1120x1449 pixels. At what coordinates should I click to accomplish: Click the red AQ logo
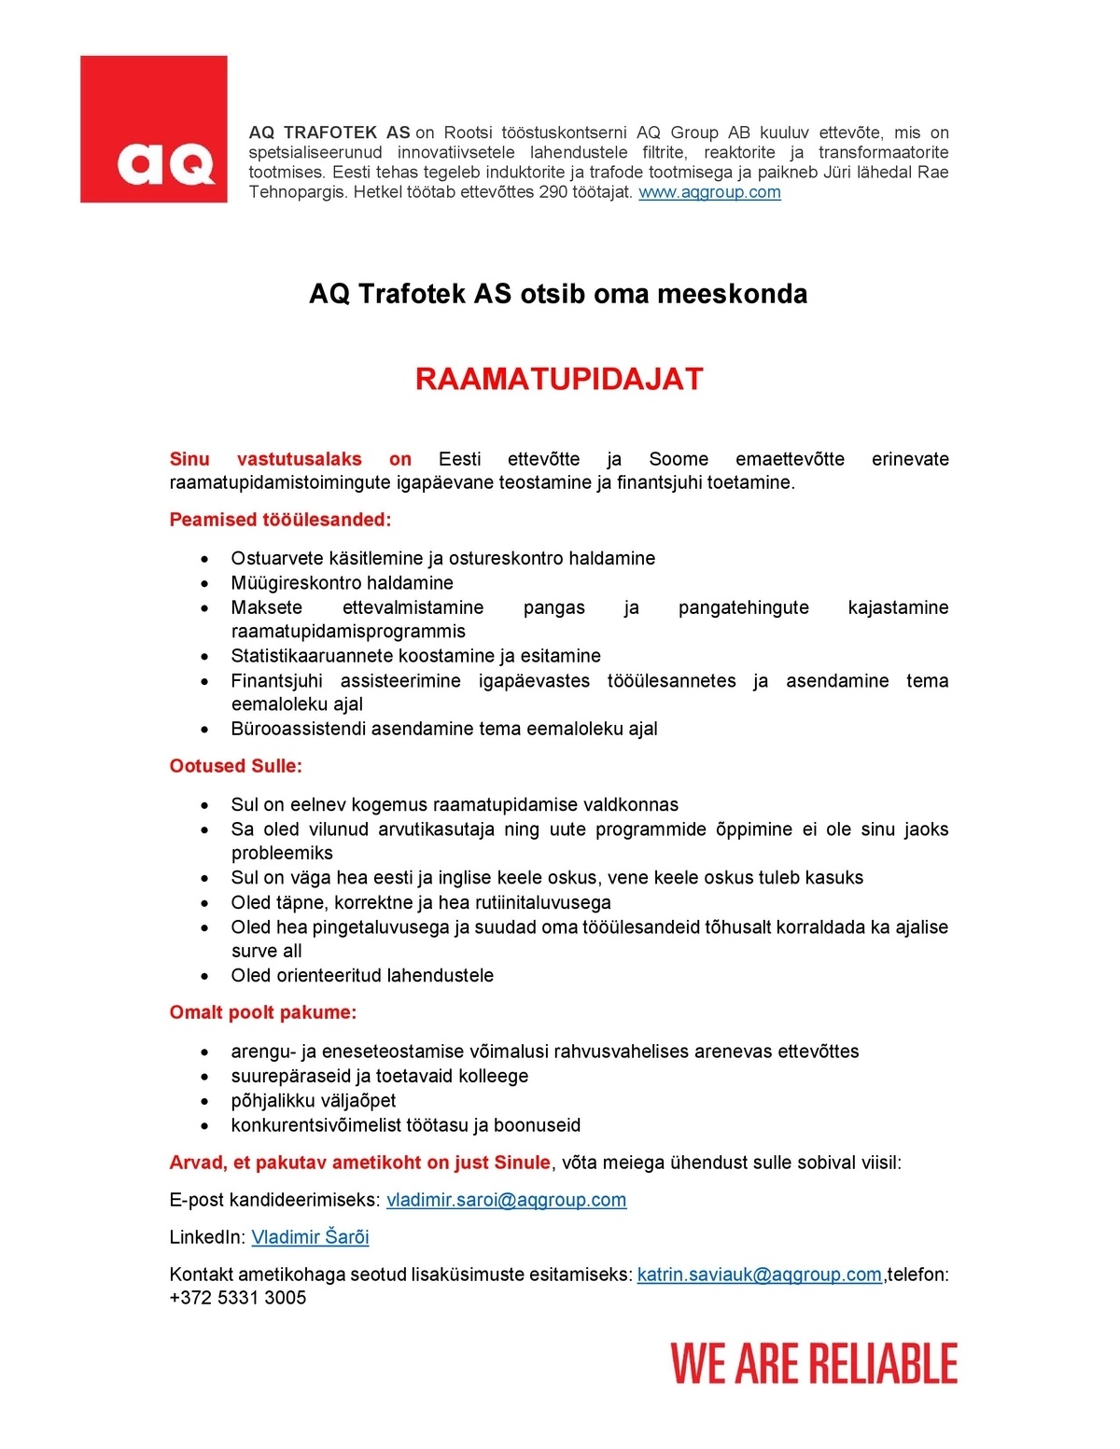tap(154, 129)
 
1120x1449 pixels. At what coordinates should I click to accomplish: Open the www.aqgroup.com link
tap(709, 192)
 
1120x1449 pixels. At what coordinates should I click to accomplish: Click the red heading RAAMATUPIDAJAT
tap(559, 379)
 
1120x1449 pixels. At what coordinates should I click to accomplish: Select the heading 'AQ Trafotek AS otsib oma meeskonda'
tap(558, 294)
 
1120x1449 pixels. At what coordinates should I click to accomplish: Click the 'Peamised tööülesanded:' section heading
tap(280, 520)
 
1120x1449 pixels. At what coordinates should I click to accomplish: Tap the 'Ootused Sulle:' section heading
tap(235, 766)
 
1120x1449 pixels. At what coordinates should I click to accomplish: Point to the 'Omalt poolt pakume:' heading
tap(262, 1012)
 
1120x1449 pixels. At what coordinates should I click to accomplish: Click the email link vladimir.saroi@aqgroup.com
tap(506, 1200)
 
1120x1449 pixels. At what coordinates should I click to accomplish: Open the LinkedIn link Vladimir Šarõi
tap(310, 1237)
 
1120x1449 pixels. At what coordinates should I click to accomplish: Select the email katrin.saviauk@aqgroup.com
tap(759, 1275)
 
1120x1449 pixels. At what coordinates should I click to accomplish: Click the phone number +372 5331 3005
tap(238, 1298)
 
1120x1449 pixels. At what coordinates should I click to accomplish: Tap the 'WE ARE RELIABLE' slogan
tap(814, 1363)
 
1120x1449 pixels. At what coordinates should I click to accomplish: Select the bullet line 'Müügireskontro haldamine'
tap(342, 583)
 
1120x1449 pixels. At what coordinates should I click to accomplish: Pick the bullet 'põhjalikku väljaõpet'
tap(314, 1101)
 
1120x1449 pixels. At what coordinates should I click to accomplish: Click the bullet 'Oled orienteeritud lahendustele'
tap(362, 976)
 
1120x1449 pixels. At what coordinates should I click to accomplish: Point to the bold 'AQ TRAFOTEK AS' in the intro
tap(329, 132)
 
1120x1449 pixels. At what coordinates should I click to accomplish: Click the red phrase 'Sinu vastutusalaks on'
tap(290, 459)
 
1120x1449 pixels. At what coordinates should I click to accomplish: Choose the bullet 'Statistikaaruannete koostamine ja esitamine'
tap(415, 656)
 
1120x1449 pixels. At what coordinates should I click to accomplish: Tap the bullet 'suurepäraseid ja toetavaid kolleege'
tap(379, 1076)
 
